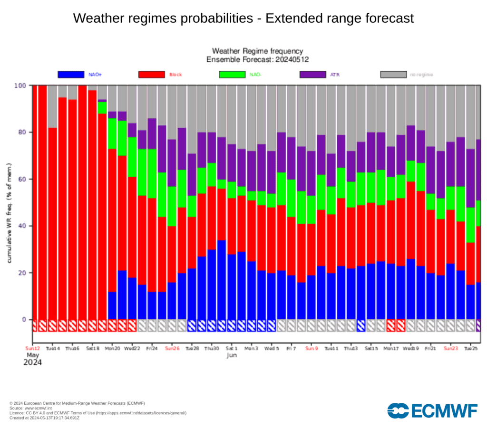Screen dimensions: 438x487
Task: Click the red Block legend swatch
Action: [x=151, y=75]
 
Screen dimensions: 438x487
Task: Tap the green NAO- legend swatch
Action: [x=232, y=75]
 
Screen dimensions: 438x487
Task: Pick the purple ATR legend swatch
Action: [x=313, y=75]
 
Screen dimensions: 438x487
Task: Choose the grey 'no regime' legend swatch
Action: [x=394, y=75]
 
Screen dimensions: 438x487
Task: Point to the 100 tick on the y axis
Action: [x=21, y=86]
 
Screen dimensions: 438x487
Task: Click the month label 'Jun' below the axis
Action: [x=232, y=355]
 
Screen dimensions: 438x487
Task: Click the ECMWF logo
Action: [x=432, y=410]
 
